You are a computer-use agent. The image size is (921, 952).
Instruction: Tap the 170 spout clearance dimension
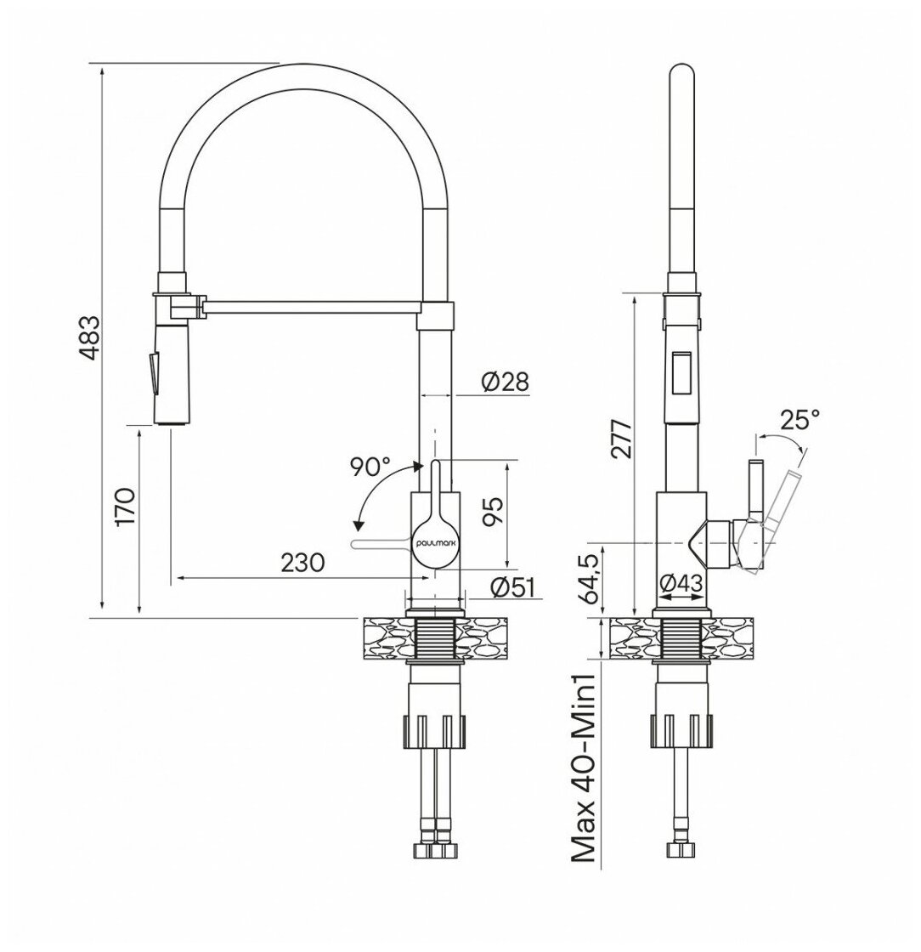[x=126, y=507]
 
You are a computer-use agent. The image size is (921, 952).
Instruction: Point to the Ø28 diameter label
[x=504, y=382]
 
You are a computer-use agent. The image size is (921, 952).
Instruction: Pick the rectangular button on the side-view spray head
[x=681, y=373]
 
